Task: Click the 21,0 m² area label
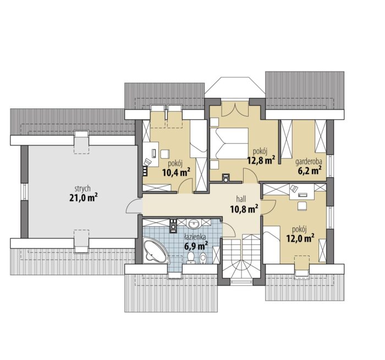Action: pos(83,198)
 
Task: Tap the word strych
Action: pos(82,189)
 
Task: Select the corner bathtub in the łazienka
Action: pos(156,250)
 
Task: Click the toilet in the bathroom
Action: pos(191,258)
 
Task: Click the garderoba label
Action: pos(309,162)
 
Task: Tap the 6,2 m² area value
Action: pos(310,170)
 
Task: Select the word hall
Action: pos(241,199)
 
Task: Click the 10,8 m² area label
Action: pos(244,209)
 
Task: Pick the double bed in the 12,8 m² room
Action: pos(229,144)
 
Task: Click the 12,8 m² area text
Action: pos(261,160)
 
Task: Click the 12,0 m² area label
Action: pos(300,238)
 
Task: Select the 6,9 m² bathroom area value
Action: pos(196,246)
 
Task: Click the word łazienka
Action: pos(195,237)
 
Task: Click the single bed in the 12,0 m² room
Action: pos(272,245)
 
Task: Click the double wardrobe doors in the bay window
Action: pos(235,110)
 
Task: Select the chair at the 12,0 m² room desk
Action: pos(302,206)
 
